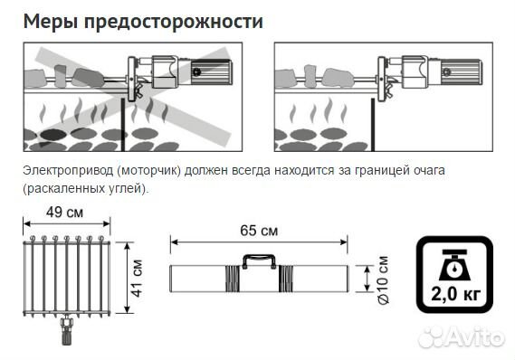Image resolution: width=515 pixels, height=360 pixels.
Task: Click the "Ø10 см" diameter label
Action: (x=382, y=276)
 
